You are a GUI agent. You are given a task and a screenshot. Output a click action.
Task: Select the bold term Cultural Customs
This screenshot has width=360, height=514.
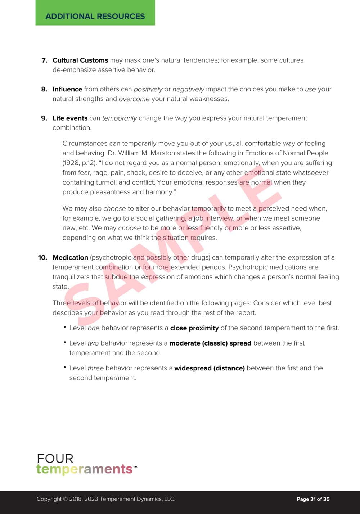tap(80, 60)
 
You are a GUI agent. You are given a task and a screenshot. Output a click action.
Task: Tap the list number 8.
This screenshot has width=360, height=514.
tap(44, 89)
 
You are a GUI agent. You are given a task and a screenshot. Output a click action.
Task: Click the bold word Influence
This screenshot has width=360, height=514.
tap(67, 89)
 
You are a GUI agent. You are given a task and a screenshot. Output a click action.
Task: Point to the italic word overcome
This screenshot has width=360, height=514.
tap(134, 99)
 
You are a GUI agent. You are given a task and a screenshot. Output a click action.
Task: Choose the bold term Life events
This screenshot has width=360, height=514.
tap(70, 118)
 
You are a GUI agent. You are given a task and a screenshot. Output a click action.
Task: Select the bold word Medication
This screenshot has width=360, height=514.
tap(70, 258)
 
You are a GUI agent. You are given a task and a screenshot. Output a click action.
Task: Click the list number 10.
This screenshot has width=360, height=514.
tap(42, 258)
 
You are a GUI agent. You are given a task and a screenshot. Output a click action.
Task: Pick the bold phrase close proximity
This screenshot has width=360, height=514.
tap(194, 328)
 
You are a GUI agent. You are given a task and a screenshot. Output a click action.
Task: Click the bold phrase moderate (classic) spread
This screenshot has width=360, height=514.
tap(210, 343)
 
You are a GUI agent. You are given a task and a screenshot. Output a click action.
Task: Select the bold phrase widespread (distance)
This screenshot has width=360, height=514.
tap(210, 368)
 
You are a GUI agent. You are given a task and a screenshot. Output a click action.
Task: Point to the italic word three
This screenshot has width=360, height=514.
tap(95, 368)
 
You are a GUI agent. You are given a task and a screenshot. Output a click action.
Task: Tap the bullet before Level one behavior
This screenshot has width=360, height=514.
tap(65, 327)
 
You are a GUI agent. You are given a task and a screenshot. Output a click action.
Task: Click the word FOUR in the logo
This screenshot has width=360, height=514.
tap(55, 459)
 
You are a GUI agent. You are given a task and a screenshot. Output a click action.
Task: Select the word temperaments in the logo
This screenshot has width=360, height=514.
tap(85, 469)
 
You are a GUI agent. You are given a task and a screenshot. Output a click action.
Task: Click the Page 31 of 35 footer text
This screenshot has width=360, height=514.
tap(313, 499)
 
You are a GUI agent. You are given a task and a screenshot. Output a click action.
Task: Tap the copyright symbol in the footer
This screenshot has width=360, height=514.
tap(65, 499)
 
